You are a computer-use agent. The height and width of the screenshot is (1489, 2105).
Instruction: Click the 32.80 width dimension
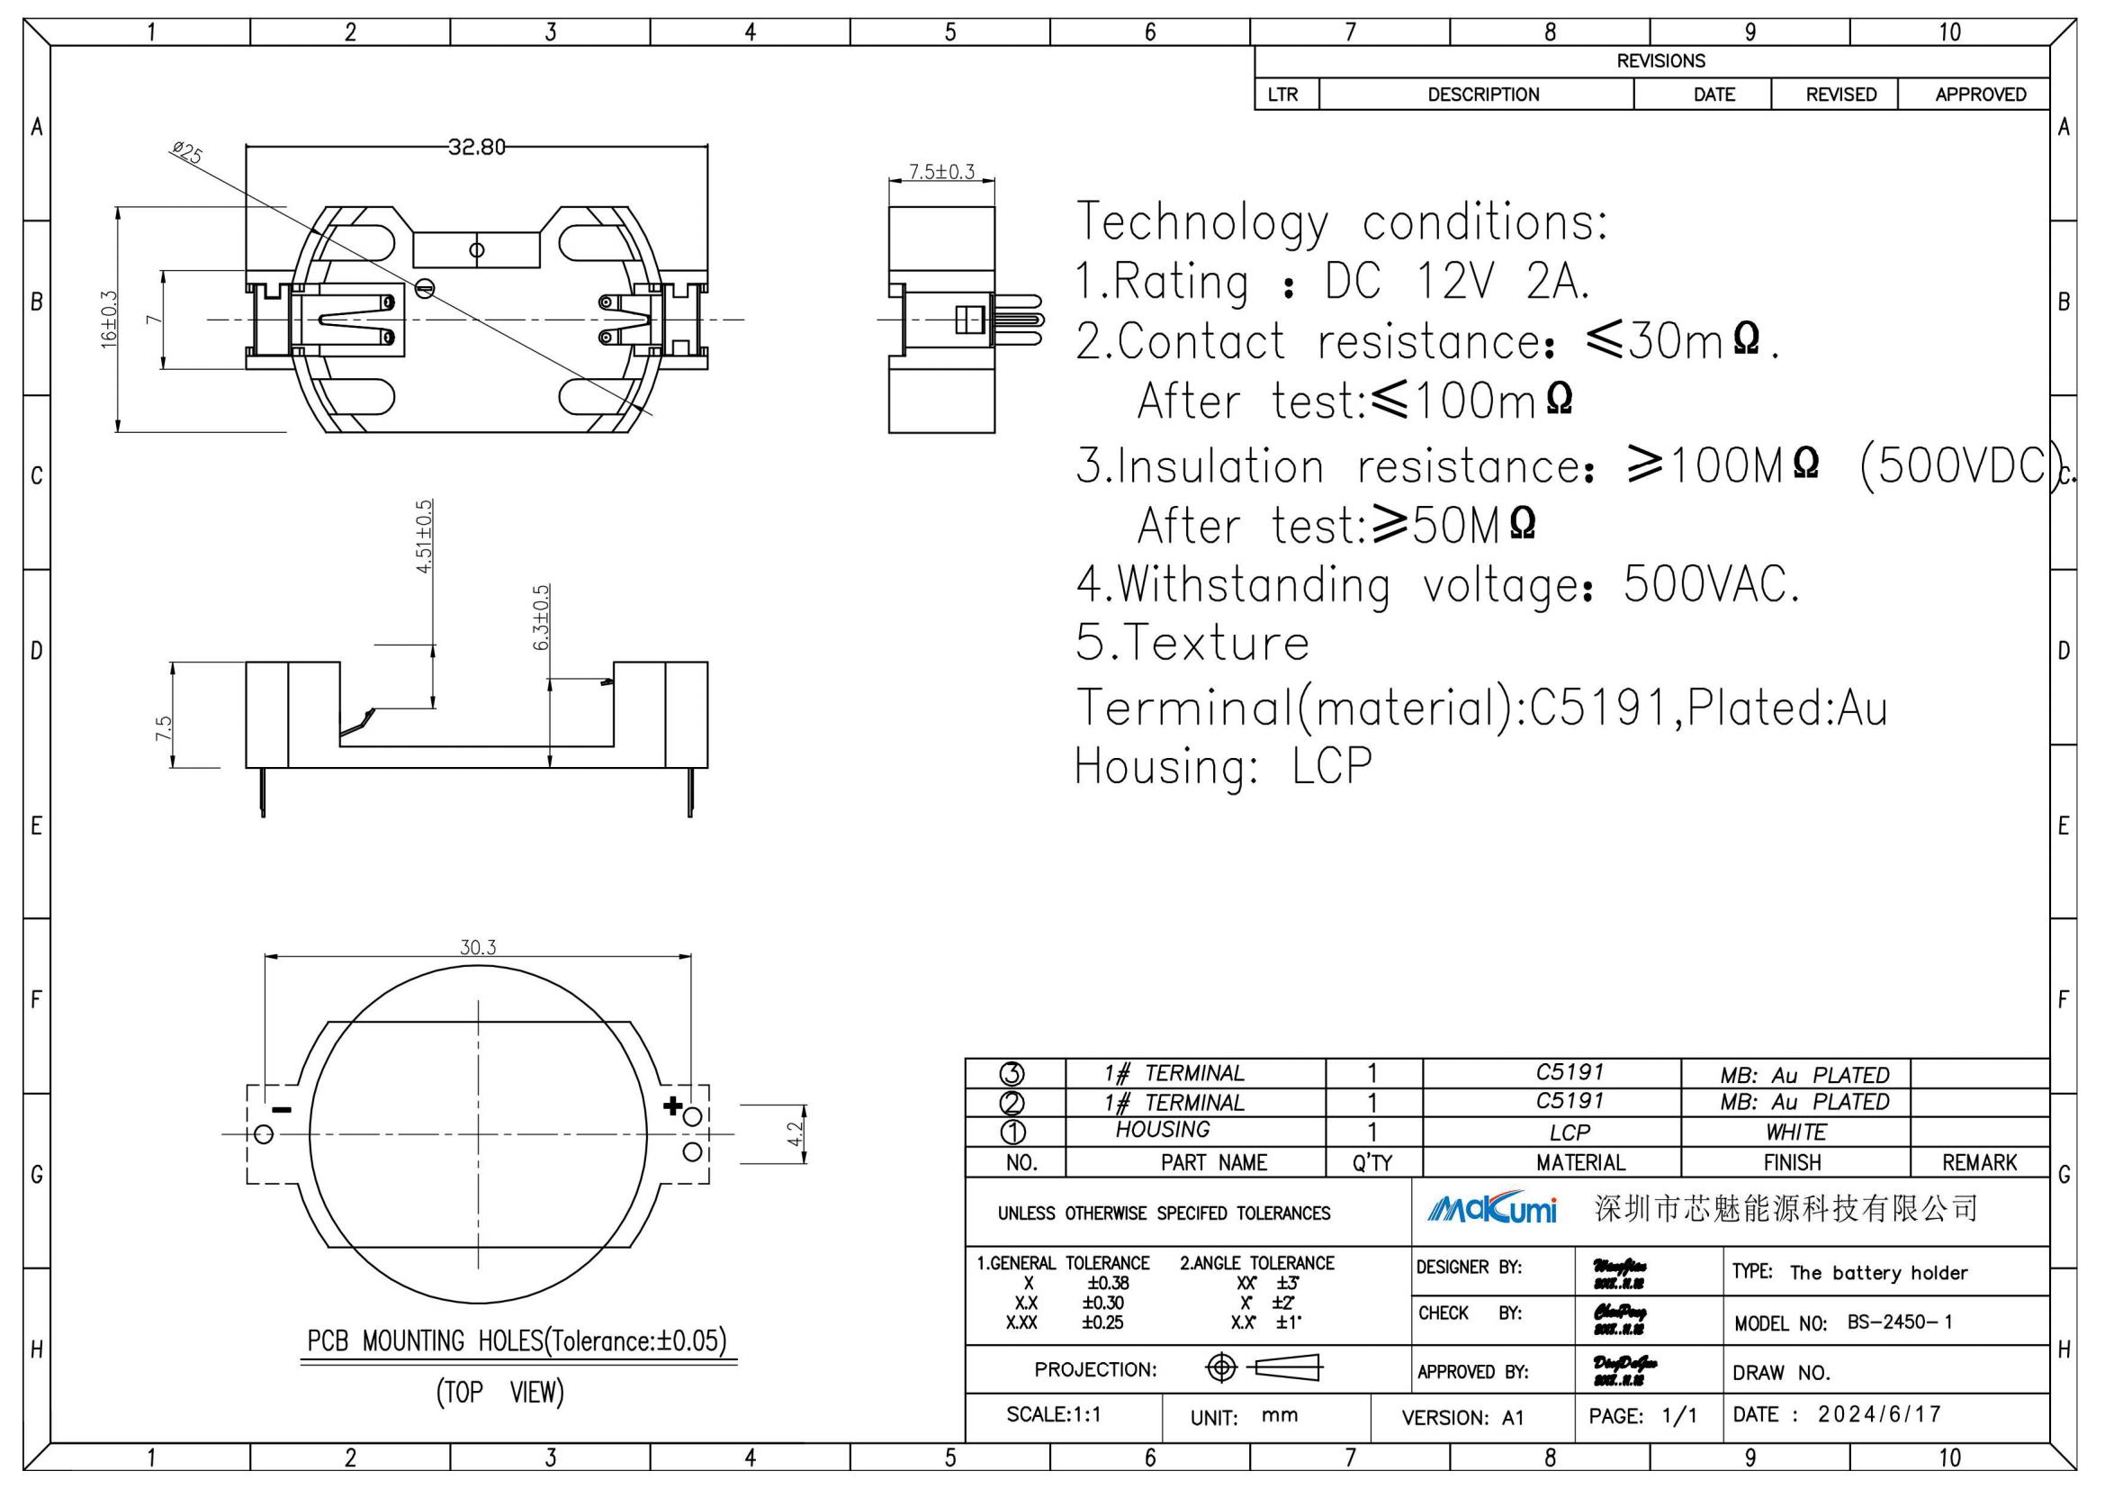click(x=476, y=147)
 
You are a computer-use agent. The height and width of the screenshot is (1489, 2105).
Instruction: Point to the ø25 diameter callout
click(x=187, y=152)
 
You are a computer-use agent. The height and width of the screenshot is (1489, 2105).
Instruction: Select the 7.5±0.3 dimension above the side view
click(x=940, y=171)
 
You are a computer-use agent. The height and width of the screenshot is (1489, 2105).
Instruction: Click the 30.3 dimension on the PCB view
click(x=478, y=947)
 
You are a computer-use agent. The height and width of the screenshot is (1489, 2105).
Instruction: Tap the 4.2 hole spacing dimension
click(x=795, y=1134)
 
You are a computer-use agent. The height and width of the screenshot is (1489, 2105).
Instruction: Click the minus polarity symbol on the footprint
click(x=282, y=1110)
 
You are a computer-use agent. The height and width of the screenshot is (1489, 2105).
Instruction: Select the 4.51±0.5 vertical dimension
click(x=424, y=537)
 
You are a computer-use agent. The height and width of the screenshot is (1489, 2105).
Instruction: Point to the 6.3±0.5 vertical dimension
click(x=541, y=617)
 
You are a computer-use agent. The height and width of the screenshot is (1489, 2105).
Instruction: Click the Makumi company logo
click(x=1491, y=1209)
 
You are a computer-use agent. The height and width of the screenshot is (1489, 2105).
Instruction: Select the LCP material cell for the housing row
click(x=1569, y=1133)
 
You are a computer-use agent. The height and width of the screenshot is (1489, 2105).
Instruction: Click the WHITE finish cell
click(x=1795, y=1133)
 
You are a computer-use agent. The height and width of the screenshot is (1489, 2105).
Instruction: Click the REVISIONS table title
click(x=1660, y=61)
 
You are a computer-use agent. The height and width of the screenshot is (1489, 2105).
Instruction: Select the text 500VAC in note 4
click(x=1711, y=584)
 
